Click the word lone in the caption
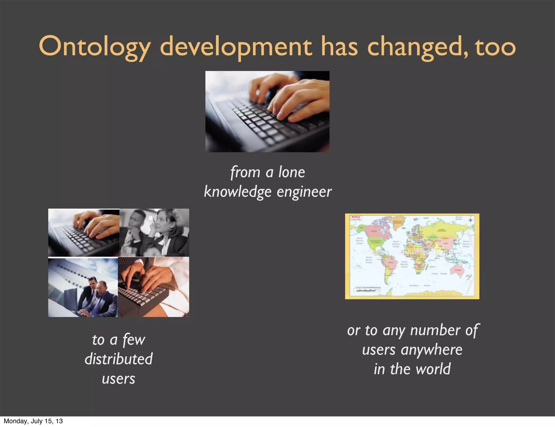[x=292, y=172]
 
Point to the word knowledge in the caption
[x=237, y=192]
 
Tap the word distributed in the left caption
[x=119, y=359]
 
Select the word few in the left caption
[x=134, y=340]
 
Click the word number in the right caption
[x=435, y=330]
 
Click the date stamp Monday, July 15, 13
[x=33, y=421]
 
